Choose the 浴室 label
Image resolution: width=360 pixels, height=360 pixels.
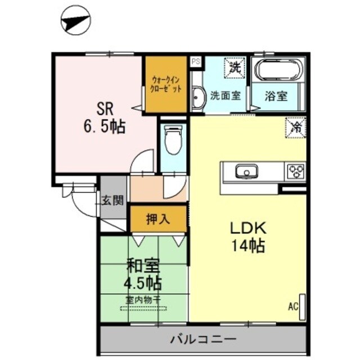(276, 96)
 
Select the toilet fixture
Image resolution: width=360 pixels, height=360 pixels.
(173, 138)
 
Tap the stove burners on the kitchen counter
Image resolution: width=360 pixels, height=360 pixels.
(296, 170)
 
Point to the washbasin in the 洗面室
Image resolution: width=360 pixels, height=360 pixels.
(198, 99)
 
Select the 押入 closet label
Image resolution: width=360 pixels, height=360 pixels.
(158, 219)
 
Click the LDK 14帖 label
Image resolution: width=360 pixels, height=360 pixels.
(245, 237)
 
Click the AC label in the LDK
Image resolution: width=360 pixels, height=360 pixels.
(292, 307)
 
